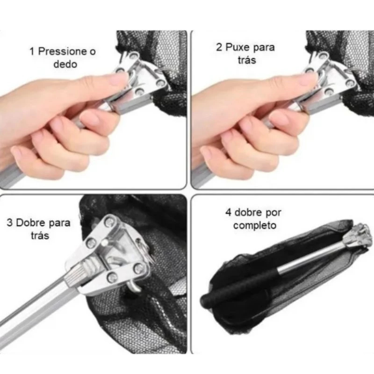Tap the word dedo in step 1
click(65, 64)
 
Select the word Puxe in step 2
click(237, 47)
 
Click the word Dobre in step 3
click(31, 223)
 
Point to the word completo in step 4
click(255, 225)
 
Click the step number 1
click(32, 51)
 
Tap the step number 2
click(219, 47)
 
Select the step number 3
click(10, 223)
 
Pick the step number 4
click(228, 212)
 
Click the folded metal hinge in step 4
click(357, 236)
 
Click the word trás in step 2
click(247, 60)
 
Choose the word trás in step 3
click(40, 236)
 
